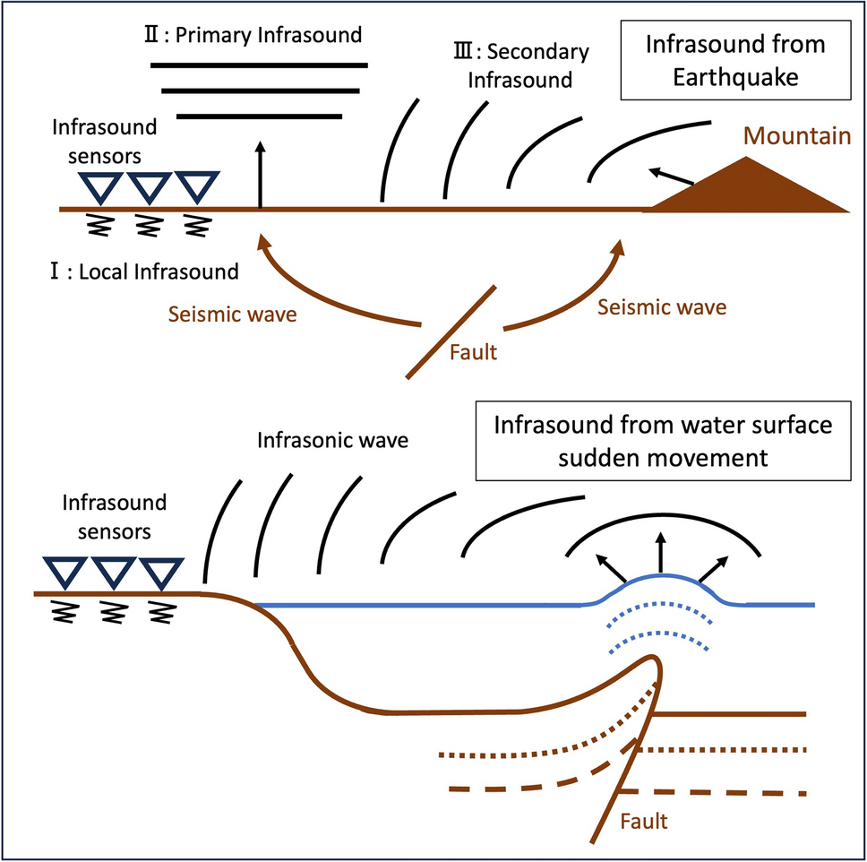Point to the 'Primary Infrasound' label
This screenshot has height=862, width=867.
[258, 36]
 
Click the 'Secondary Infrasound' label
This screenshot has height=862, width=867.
[522, 65]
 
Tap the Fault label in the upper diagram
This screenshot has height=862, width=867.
[473, 352]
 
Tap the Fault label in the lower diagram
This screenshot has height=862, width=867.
[643, 819]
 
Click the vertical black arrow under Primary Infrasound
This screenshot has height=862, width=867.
[260, 175]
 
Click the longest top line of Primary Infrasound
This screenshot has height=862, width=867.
[259, 65]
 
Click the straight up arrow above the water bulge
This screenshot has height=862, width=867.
[661, 554]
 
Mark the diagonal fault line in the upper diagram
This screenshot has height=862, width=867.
[451, 332]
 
